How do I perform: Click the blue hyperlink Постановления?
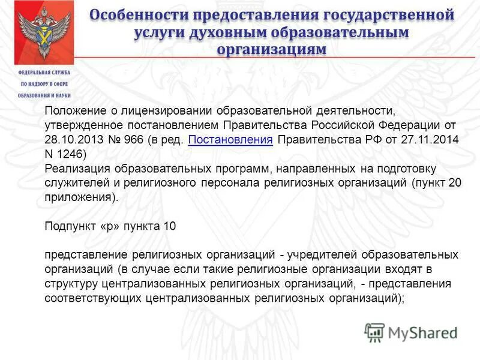click(x=230, y=139)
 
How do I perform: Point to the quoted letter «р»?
click(x=115, y=226)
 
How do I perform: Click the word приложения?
click(x=77, y=196)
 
